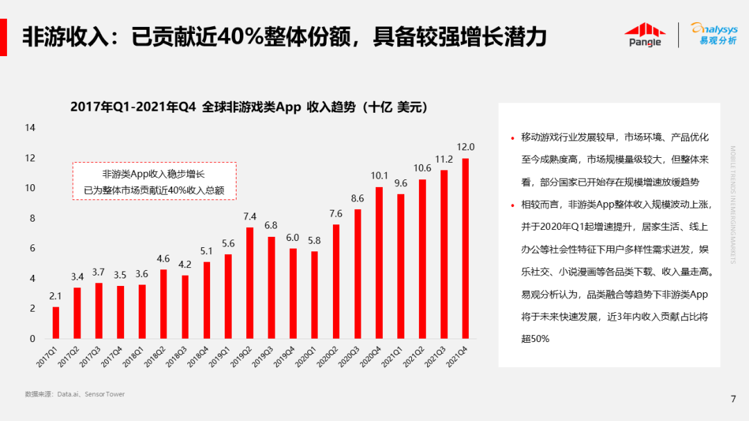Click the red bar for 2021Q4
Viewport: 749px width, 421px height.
465,249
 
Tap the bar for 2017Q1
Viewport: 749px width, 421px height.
56,323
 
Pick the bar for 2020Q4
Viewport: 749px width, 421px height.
379,262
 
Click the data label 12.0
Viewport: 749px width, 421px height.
465,147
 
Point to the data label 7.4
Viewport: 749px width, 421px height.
250,216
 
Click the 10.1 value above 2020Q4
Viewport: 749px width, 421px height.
379,176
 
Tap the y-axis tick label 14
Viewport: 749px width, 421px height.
30,128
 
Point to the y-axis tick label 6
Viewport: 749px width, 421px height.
33,249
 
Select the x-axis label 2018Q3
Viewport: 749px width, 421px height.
177,359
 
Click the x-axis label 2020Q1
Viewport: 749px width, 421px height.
306,359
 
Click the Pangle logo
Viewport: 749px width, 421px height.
645,35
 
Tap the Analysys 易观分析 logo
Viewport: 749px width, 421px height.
714,33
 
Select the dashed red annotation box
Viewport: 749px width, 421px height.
155,181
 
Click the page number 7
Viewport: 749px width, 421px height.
733,398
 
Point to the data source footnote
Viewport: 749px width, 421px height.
75,394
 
